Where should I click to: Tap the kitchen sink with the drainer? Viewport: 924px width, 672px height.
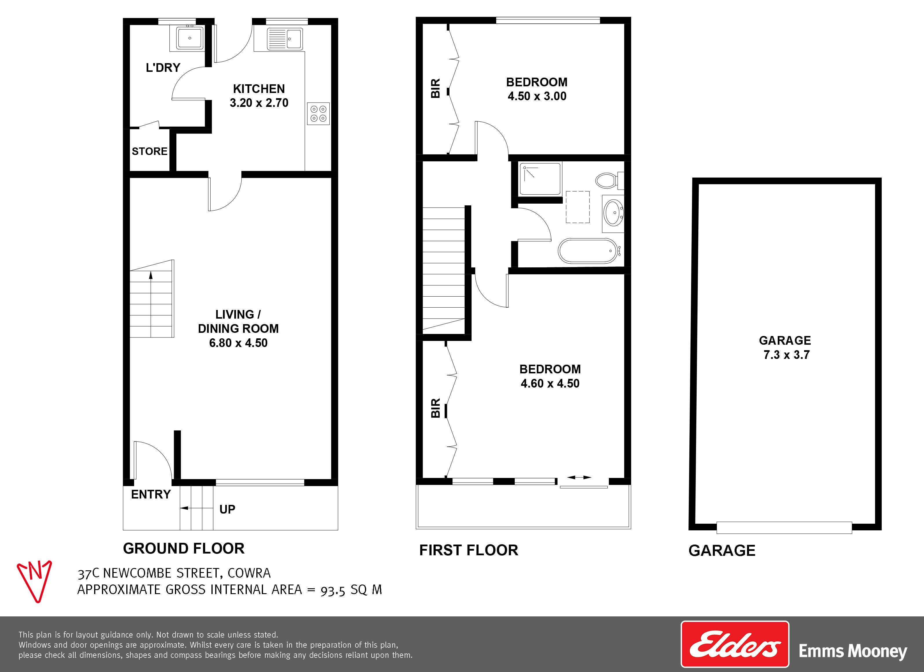point(285,39)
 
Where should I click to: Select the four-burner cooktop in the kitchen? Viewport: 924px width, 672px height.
point(318,114)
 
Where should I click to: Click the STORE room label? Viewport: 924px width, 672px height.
point(149,151)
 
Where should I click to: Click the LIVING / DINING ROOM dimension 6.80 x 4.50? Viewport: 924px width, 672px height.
point(238,343)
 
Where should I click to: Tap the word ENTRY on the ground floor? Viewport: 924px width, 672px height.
point(151,494)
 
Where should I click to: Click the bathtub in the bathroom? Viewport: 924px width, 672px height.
point(589,251)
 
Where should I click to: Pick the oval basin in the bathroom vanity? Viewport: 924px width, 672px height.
point(613,212)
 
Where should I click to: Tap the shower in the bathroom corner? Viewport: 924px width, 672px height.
point(540,179)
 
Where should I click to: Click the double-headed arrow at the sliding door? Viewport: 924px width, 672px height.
point(579,477)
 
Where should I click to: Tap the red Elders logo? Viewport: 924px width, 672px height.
point(735,644)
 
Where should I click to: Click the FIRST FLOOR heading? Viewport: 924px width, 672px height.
point(469,550)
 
